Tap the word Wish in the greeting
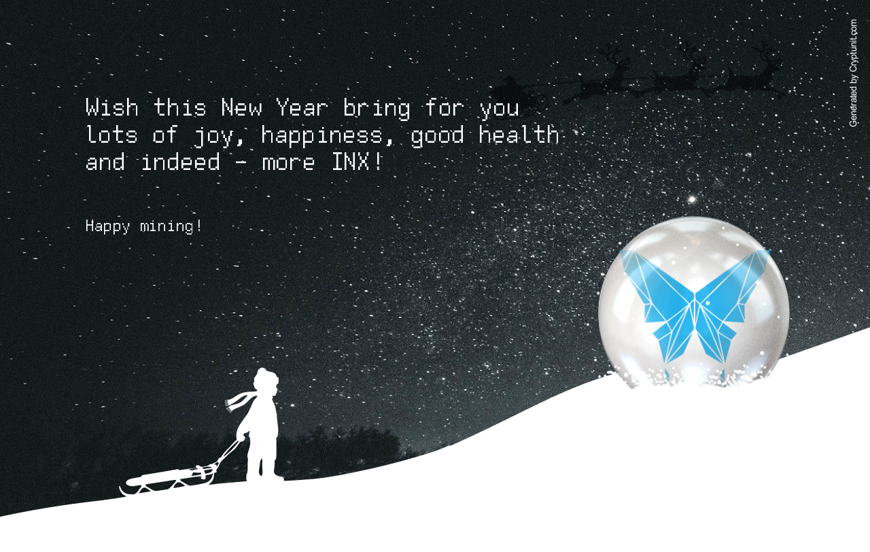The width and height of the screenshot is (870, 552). pos(112,107)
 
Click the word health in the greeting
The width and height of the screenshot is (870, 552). pos(519,135)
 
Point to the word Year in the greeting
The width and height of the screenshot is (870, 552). pos(302,107)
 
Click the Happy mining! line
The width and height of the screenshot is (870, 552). pos(143,226)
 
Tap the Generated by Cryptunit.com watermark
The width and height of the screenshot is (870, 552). pos(853,73)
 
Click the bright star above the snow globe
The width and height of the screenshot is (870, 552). pos(692,200)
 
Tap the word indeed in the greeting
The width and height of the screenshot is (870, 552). pos(181,162)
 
